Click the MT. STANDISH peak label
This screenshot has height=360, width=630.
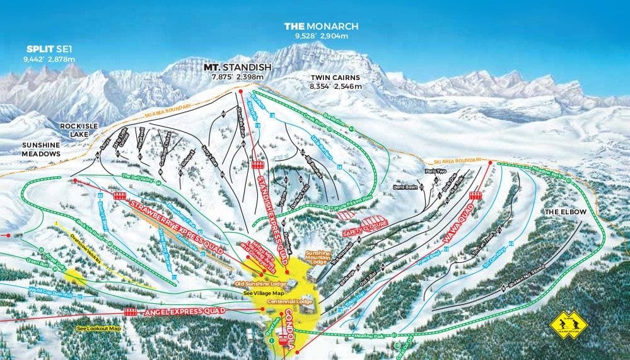[x=237, y=67]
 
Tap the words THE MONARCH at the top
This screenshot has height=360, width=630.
[x=321, y=26]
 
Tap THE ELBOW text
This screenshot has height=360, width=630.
[x=566, y=212]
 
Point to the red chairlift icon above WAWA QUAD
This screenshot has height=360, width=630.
[x=475, y=195]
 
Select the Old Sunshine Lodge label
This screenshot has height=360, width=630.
[x=260, y=284]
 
